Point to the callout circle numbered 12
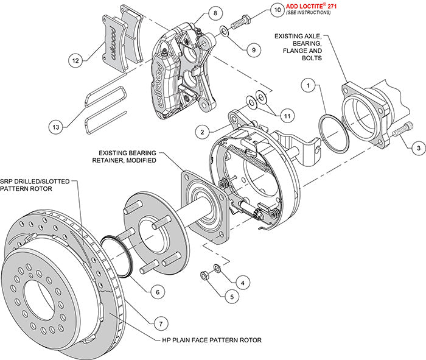tap(75, 61)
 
